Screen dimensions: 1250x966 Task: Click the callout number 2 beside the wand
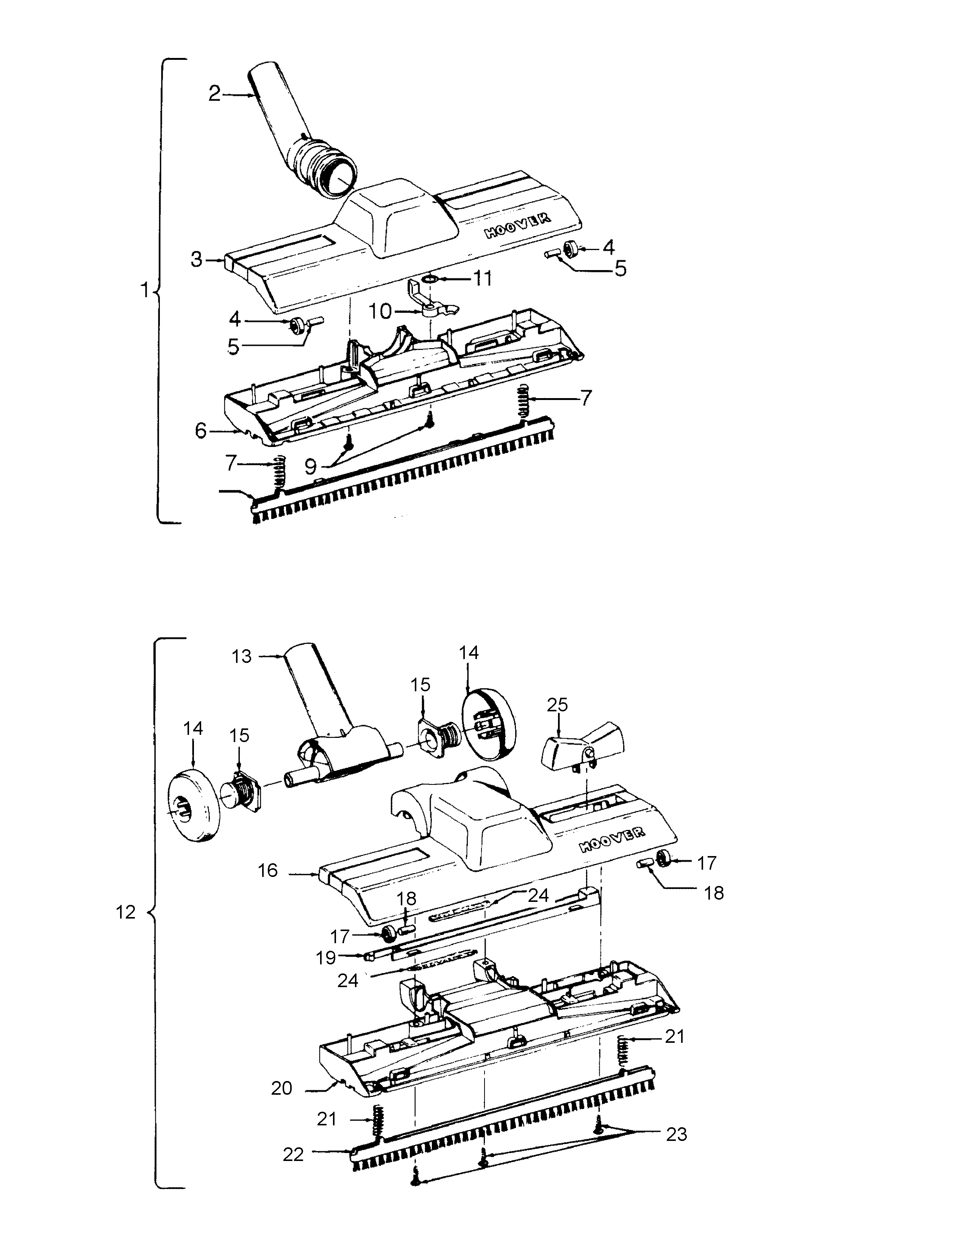[214, 93]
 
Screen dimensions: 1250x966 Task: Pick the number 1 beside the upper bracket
[145, 291]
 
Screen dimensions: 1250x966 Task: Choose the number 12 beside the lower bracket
[126, 912]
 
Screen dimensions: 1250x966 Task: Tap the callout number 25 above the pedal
[557, 705]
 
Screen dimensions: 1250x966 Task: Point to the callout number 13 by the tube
[242, 656]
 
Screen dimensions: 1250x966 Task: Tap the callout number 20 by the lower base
[281, 1088]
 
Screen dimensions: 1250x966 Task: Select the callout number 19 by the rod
[326, 958]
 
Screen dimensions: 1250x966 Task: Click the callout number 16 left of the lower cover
[268, 870]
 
